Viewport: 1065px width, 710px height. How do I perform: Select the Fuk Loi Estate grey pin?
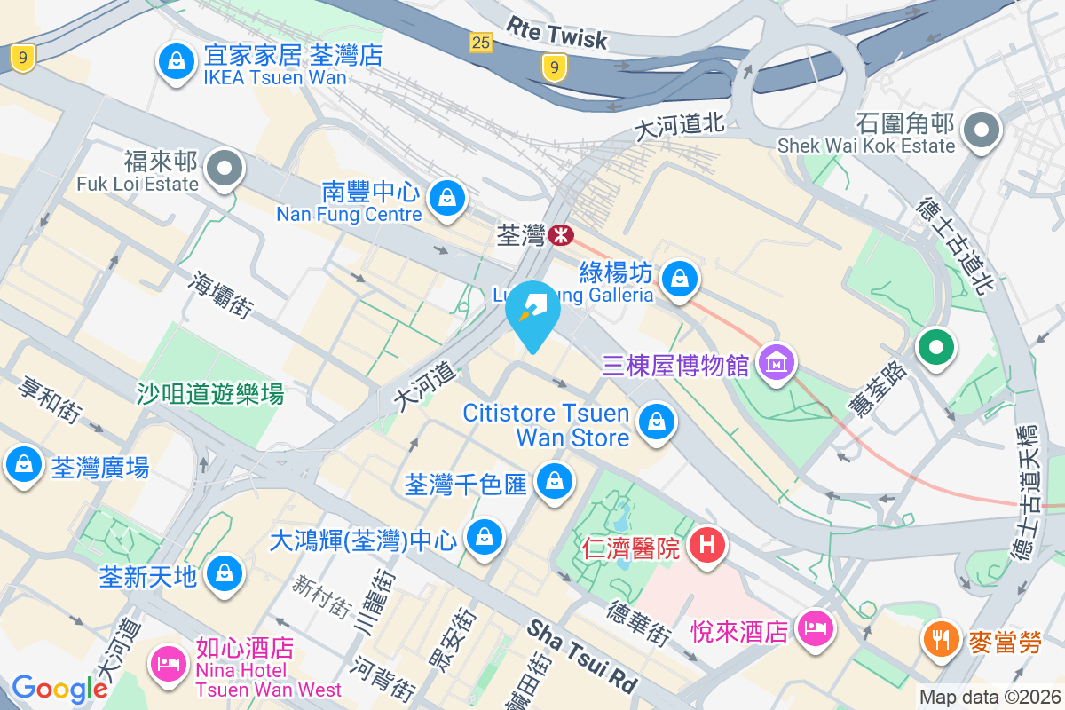(x=224, y=167)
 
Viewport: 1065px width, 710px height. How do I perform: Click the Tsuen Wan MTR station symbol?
(x=561, y=235)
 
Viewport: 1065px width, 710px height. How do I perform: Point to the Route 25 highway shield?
(x=481, y=42)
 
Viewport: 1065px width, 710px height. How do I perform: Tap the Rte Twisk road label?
(x=557, y=34)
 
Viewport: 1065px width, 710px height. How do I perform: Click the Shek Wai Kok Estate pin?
(x=982, y=130)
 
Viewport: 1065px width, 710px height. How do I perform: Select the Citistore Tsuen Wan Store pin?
(x=656, y=420)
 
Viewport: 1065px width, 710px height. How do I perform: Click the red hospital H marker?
(x=707, y=542)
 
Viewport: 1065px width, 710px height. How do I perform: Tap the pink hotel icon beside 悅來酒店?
(x=814, y=629)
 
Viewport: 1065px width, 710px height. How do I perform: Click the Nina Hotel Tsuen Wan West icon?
(x=169, y=663)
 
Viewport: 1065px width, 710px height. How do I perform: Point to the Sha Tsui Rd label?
(x=582, y=655)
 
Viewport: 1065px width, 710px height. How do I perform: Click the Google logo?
(x=60, y=689)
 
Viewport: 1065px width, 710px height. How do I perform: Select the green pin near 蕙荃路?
(x=935, y=345)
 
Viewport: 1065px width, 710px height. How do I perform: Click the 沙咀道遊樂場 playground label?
(x=210, y=393)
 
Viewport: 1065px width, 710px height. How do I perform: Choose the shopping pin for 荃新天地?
(x=225, y=574)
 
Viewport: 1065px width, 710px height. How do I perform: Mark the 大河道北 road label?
(x=681, y=127)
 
